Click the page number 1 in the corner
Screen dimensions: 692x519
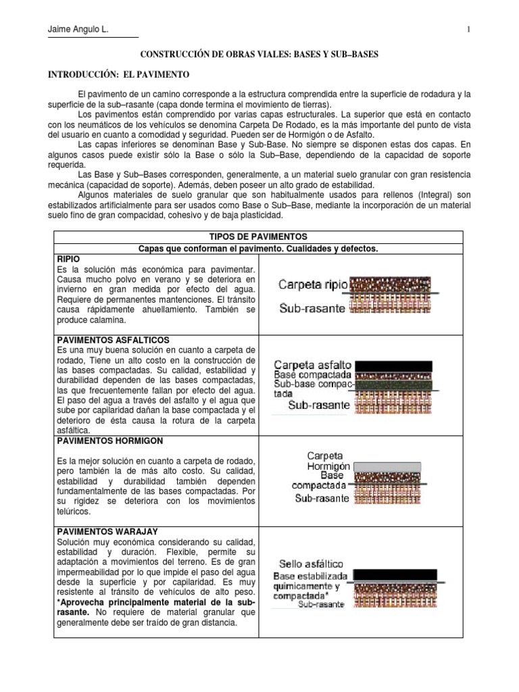tap(468, 29)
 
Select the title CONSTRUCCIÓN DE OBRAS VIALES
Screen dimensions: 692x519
tap(259, 53)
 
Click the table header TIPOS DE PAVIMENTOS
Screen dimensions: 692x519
tap(258, 237)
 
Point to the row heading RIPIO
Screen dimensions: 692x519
tap(70, 259)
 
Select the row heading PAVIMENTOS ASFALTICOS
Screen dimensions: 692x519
tap(113, 339)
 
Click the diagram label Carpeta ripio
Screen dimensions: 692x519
tap(314, 285)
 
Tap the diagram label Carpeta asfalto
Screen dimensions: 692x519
tap(312, 365)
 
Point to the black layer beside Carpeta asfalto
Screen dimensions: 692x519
tap(393, 366)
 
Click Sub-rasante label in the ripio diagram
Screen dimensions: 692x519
tap(314, 309)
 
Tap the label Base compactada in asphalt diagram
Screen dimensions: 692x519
tap(312, 375)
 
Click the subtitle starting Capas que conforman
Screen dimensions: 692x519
tap(258, 249)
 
